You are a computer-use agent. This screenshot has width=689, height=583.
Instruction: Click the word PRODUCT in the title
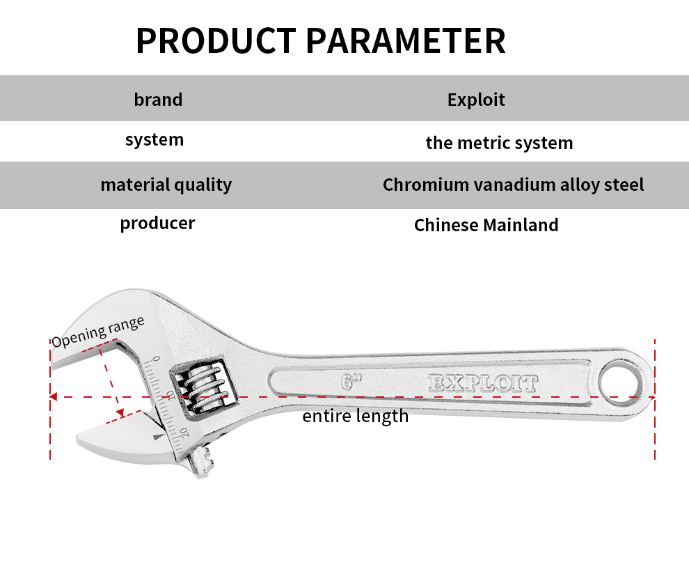[x=216, y=41]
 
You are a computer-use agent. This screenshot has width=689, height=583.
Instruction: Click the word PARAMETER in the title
[x=406, y=41]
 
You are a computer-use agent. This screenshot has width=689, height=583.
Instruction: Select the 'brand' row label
[x=158, y=100]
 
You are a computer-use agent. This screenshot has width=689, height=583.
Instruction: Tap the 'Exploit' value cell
[x=476, y=100]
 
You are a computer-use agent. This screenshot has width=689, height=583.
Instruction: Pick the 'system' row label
[x=155, y=140]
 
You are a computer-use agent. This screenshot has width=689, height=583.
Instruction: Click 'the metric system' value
[x=499, y=143]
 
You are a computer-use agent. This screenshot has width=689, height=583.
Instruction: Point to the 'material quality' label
[x=166, y=185]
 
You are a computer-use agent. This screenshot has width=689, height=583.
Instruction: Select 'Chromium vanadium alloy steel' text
[x=513, y=185]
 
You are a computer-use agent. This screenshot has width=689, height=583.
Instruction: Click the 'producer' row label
[x=157, y=224]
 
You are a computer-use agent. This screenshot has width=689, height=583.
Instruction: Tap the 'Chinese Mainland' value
[x=486, y=225]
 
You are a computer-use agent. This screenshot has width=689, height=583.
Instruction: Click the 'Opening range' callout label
[x=97, y=332]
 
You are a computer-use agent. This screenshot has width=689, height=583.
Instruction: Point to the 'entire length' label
[x=355, y=416]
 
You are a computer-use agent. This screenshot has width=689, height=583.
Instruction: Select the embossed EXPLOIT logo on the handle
[x=482, y=383]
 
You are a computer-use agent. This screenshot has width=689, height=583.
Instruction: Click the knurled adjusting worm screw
[x=203, y=387]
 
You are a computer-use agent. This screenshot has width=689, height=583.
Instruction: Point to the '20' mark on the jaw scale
[x=184, y=432]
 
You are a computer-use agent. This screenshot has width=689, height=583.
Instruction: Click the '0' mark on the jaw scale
[x=157, y=359]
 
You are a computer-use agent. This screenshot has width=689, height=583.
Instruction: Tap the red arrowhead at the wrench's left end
[x=54, y=397]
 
